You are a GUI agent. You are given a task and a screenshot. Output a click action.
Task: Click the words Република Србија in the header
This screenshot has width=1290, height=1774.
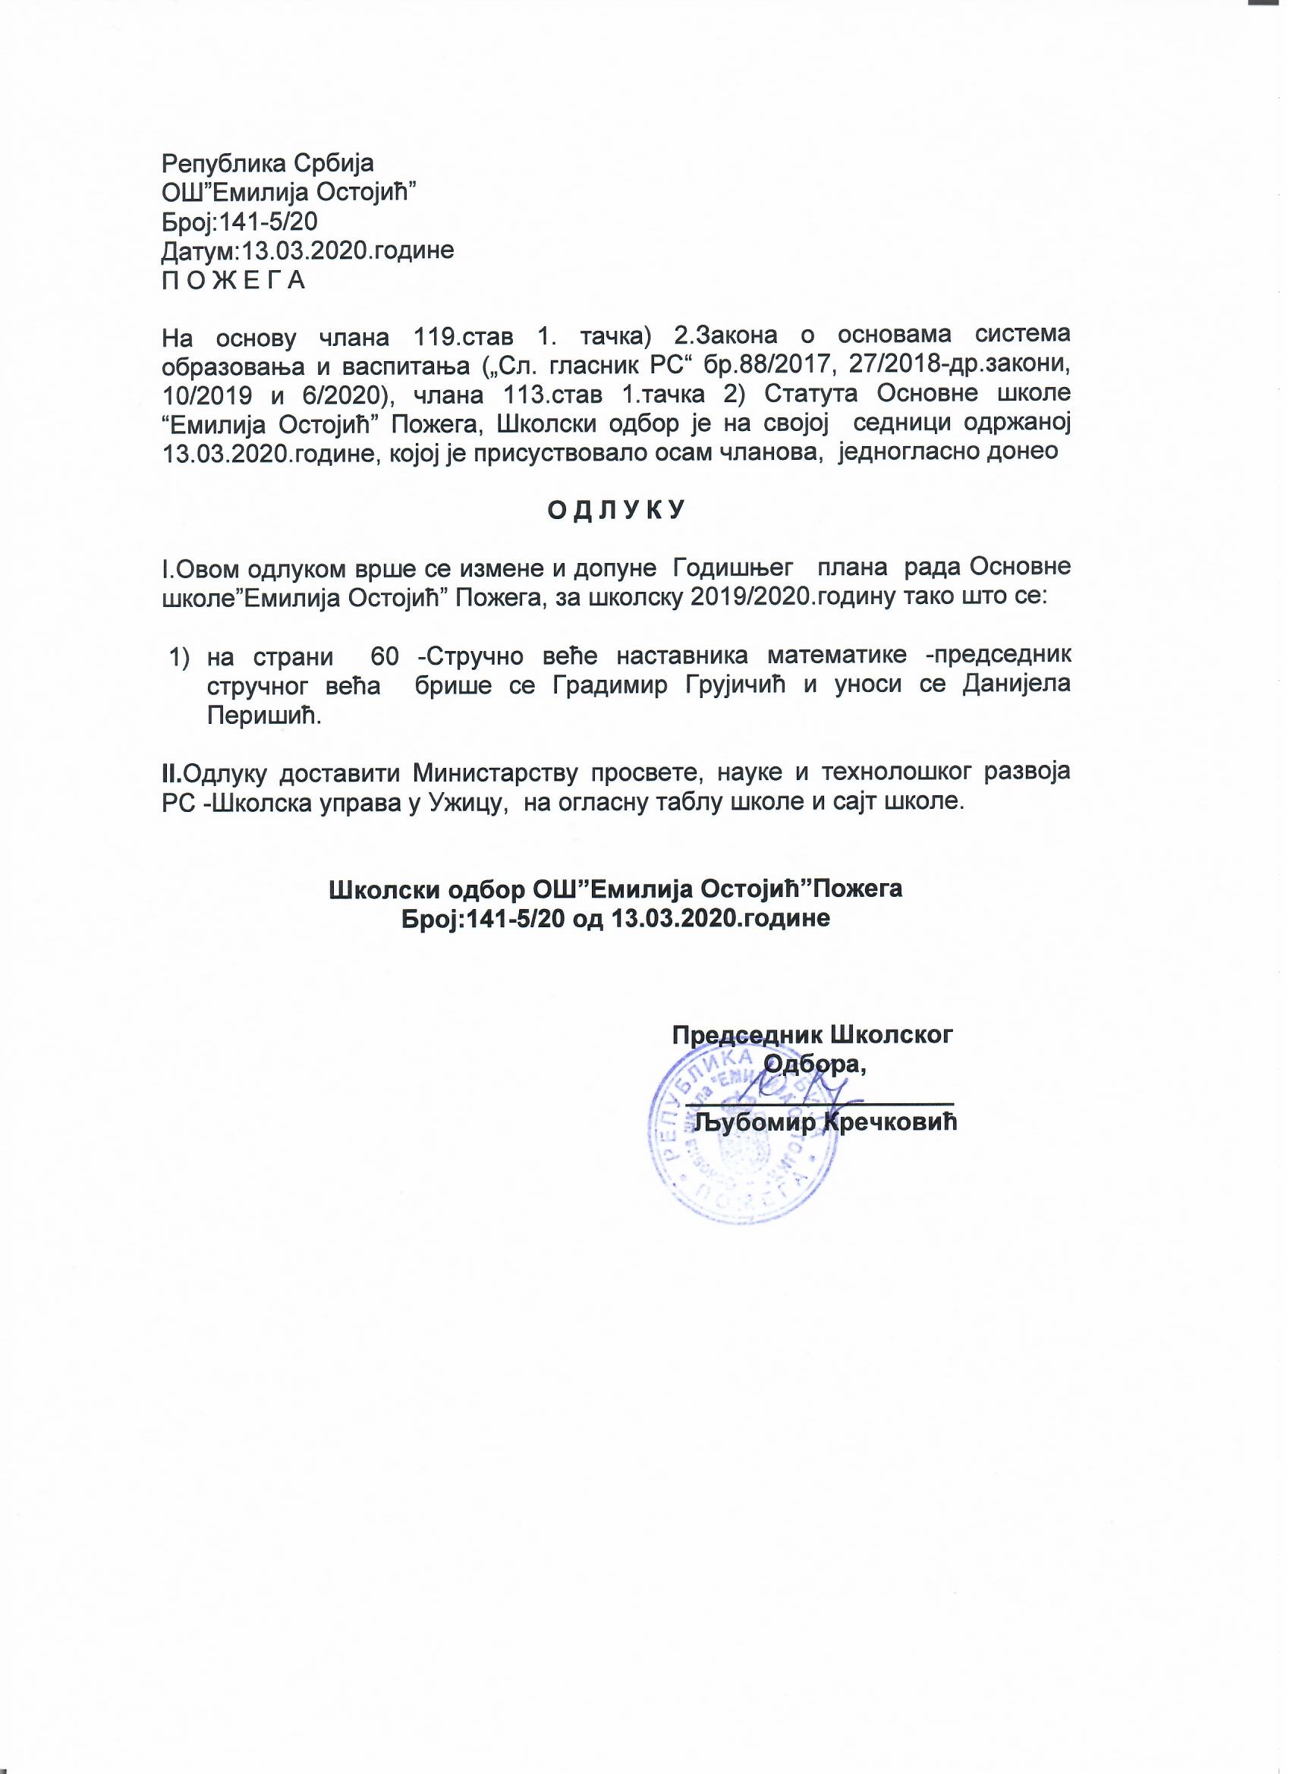click(268, 163)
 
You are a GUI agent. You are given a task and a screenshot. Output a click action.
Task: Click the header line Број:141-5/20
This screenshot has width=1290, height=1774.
click(238, 222)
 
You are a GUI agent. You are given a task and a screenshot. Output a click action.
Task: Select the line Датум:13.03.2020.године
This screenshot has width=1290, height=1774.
click(307, 251)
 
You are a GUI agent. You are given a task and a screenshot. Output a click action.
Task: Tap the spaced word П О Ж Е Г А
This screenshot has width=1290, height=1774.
click(233, 281)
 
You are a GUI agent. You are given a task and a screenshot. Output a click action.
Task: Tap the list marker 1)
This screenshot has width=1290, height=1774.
click(181, 655)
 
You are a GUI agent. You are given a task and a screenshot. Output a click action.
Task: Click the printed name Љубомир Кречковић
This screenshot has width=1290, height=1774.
click(826, 1122)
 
